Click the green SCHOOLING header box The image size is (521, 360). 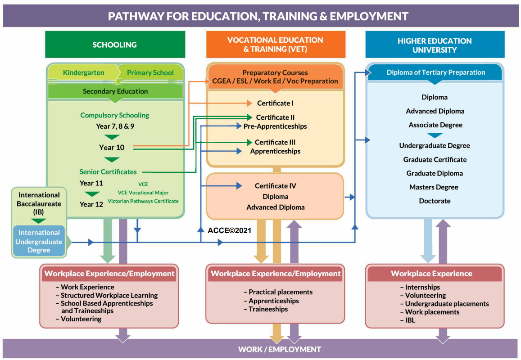click(x=115, y=45)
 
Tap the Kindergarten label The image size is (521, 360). click(x=83, y=72)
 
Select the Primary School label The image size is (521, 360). click(x=150, y=73)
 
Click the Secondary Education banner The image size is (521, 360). click(x=115, y=91)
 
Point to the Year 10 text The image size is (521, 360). click(x=112, y=148)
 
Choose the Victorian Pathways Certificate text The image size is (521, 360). click(x=143, y=201)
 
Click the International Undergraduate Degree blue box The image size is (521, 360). click(x=39, y=241)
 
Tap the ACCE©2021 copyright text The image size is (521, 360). click(x=229, y=230)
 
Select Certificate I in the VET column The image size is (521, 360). click(x=275, y=103)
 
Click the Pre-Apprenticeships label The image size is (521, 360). click(x=275, y=126)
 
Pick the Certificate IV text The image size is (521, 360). click(x=276, y=186)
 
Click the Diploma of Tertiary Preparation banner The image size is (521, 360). click(x=435, y=72)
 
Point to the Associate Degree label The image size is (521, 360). click(x=435, y=125)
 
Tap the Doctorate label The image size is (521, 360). click(x=435, y=201)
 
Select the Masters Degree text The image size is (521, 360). click(x=434, y=187)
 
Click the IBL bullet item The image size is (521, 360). click(x=408, y=320)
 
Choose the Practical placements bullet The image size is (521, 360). click(x=278, y=292)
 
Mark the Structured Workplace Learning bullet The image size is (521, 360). click(x=107, y=295)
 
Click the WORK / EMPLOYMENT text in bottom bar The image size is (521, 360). click(x=280, y=349)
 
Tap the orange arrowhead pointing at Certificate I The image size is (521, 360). click(x=249, y=103)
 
